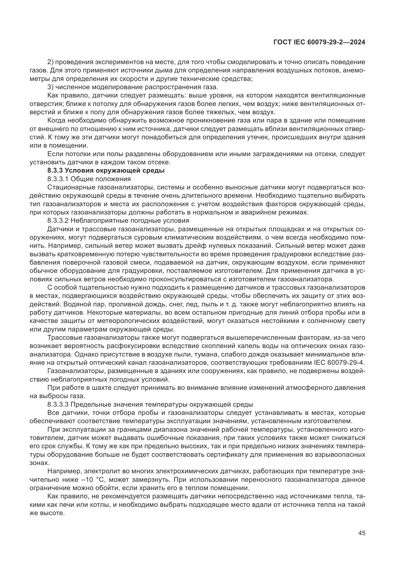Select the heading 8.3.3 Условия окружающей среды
click(106, 171)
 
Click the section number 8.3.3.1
click(58, 179)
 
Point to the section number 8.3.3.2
click(58, 220)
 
